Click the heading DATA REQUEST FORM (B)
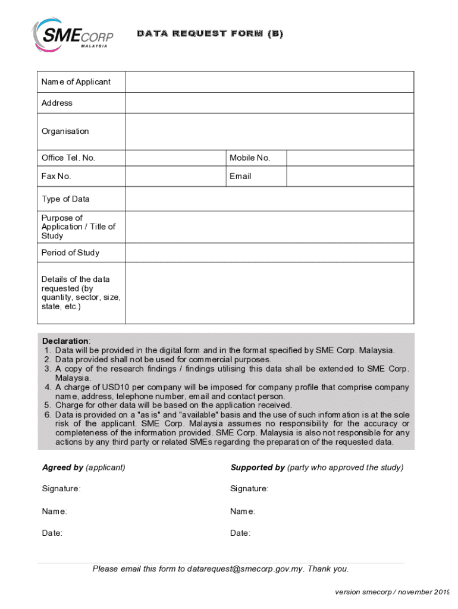point(210,34)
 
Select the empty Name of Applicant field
point(269,82)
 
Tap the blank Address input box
point(269,103)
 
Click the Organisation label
point(65,131)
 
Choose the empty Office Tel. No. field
point(175,158)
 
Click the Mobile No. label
point(250,158)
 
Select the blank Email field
point(350,177)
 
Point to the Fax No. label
point(56,176)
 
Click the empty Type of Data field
point(269,199)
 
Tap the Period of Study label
point(70,253)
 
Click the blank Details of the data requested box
point(269,293)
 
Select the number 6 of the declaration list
point(46,415)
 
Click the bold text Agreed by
point(62,467)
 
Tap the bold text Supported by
point(258,467)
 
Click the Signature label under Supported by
point(249,489)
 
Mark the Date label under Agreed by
point(52,533)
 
